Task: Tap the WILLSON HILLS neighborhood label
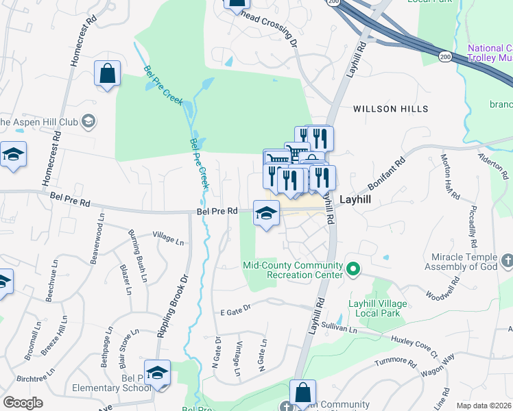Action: (x=390, y=109)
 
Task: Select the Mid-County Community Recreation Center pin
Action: (x=353, y=269)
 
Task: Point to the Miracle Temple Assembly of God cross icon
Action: (x=507, y=260)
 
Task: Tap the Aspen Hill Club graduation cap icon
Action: (x=88, y=122)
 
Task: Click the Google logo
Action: (x=23, y=403)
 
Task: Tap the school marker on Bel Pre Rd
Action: (x=266, y=213)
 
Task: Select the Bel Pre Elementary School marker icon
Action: (x=157, y=373)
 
